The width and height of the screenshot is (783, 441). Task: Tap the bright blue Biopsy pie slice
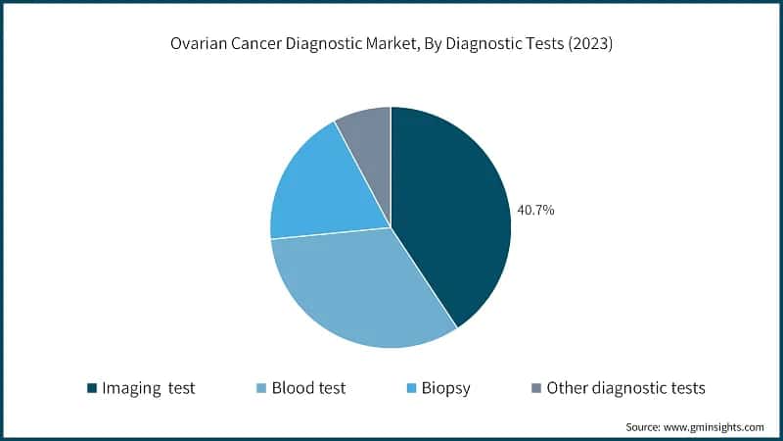[323, 191]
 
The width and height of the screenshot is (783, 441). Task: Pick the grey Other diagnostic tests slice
[367, 137]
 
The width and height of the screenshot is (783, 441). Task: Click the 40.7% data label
[536, 209]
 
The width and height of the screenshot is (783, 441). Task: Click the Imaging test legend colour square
[92, 388]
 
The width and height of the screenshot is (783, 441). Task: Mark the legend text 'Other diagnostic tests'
[625, 388]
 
